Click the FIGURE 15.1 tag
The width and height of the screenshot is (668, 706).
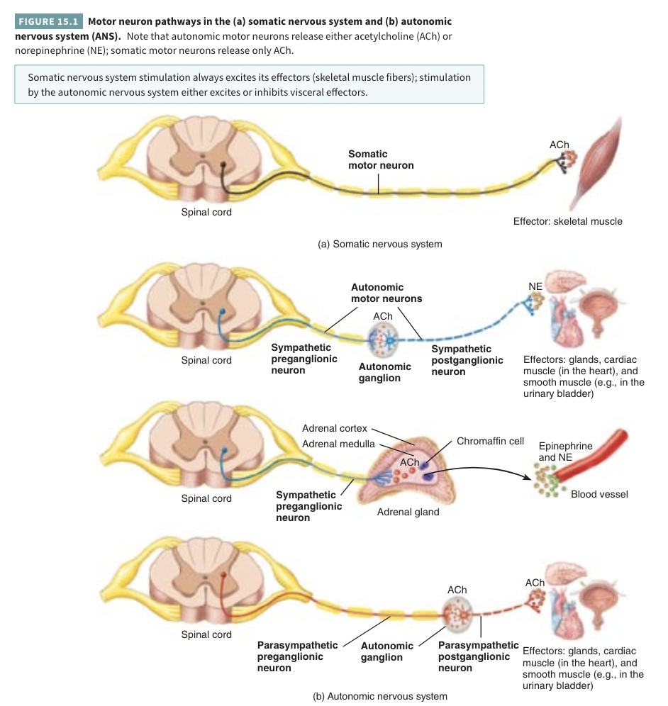click(48, 22)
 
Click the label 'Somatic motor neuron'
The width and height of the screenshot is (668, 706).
click(381, 159)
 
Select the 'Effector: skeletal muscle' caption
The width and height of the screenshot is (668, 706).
click(567, 221)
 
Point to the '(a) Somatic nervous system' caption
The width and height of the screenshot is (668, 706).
click(380, 244)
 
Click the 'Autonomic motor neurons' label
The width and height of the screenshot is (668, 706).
click(386, 293)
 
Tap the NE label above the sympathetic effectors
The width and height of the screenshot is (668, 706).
click(535, 286)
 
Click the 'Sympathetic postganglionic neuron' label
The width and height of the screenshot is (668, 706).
click(462, 360)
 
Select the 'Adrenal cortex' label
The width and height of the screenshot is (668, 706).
click(334, 428)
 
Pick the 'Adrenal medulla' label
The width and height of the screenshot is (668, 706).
click(338, 444)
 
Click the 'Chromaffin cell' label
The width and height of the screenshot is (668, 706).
click(490, 441)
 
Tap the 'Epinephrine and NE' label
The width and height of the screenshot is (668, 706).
click(565, 452)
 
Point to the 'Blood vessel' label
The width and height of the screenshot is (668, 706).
click(599, 494)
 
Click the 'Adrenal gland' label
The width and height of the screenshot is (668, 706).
click(408, 512)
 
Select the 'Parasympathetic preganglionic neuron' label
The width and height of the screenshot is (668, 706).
click(297, 656)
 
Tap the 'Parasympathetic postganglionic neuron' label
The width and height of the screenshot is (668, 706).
click(478, 656)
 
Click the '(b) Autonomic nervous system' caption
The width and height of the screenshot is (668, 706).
click(380, 696)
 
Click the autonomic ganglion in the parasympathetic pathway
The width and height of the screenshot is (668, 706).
click(457, 614)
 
